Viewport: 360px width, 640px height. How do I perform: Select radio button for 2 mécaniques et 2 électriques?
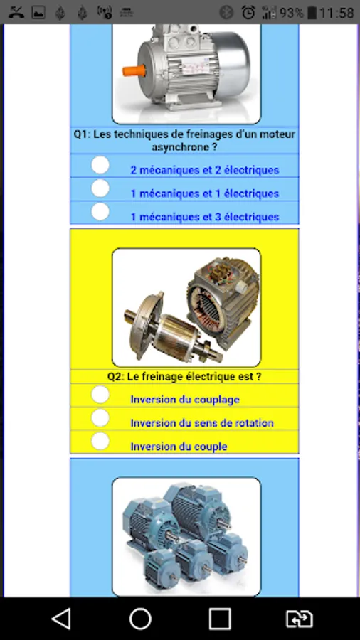point(100,165)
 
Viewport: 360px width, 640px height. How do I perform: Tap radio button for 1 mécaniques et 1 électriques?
point(100,188)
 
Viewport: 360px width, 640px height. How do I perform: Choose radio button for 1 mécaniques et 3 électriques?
point(100,212)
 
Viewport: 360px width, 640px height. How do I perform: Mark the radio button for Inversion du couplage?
point(100,394)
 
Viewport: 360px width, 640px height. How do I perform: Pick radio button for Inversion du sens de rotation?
point(100,417)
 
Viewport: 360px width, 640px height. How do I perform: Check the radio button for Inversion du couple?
point(100,441)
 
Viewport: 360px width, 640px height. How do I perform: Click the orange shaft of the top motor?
point(133,71)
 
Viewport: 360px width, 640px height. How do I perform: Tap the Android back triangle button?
point(61,618)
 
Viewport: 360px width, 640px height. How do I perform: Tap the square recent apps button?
point(220,618)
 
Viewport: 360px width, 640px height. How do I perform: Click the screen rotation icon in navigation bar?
point(299,618)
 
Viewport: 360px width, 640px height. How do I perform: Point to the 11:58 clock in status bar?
point(336,12)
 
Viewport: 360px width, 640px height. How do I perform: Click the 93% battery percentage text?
point(291,12)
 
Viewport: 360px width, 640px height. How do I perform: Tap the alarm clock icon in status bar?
point(248,12)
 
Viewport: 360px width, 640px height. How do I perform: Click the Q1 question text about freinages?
point(184,140)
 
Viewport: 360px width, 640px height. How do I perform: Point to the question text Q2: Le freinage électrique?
point(184,376)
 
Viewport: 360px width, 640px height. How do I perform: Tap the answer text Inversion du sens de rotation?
point(201,423)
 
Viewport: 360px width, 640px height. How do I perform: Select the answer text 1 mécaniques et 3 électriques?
point(204,217)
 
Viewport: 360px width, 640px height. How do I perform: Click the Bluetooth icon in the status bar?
point(226,12)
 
